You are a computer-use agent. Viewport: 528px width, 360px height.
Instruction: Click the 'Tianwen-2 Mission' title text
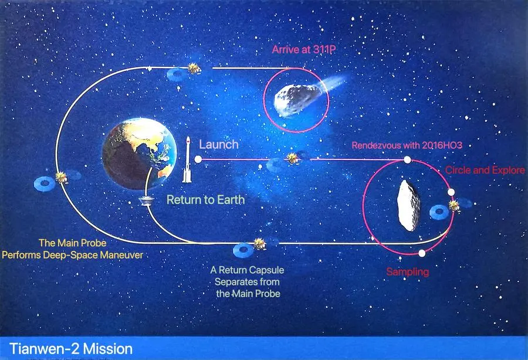(x=71, y=349)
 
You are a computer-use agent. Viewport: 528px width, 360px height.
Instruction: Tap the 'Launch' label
(x=219, y=144)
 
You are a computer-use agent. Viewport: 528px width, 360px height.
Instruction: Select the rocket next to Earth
(x=187, y=160)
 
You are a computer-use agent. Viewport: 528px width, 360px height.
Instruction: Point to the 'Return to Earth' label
(x=206, y=199)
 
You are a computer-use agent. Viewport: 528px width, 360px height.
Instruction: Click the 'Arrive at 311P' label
(x=304, y=49)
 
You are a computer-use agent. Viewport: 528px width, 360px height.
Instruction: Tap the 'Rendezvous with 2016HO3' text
(x=407, y=145)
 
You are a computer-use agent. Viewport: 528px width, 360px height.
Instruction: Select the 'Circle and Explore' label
(x=485, y=170)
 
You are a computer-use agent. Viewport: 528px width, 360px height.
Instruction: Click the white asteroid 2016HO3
(x=408, y=206)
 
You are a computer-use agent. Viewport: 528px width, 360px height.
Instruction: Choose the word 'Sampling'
(x=408, y=271)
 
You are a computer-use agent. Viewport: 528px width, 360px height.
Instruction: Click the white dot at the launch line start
(x=198, y=159)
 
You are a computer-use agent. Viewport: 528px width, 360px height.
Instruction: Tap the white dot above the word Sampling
(x=422, y=253)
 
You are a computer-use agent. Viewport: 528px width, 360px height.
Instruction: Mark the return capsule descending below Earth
(x=147, y=201)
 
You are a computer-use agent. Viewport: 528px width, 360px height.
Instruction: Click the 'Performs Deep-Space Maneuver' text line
(x=72, y=254)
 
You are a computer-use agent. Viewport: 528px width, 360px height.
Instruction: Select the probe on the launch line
(x=292, y=158)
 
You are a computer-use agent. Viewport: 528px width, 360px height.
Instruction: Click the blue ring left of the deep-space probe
(x=45, y=184)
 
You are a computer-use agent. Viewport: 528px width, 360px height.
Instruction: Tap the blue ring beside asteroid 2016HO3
(x=439, y=212)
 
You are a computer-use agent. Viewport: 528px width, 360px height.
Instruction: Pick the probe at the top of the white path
(x=194, y=69)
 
